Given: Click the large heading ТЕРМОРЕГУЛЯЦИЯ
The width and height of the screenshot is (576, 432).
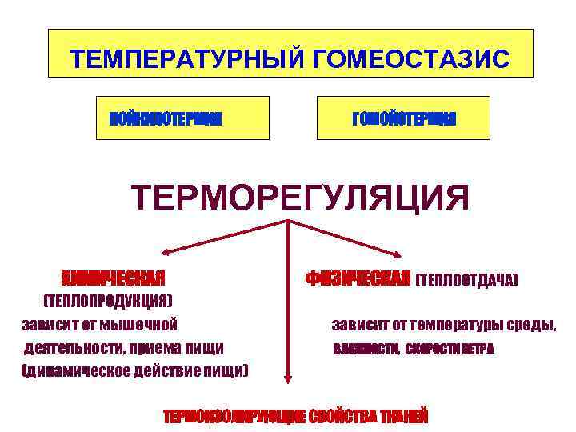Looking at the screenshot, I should pyautogui.click(x=300, y=198).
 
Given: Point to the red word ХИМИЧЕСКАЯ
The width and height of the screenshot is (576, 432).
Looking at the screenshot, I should pyautogui.click(x=114, y=278).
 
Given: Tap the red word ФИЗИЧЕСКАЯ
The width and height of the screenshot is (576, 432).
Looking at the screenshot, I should pyautogui.click(x=358, y=278).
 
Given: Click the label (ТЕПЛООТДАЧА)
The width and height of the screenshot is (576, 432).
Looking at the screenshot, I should pyautogui.click(x=467, y=280).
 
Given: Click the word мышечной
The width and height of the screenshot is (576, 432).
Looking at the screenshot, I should pyautogui.click(x=143, y=324).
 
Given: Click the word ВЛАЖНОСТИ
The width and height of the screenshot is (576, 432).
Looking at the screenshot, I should pyautogui.click(x=365, y=350).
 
